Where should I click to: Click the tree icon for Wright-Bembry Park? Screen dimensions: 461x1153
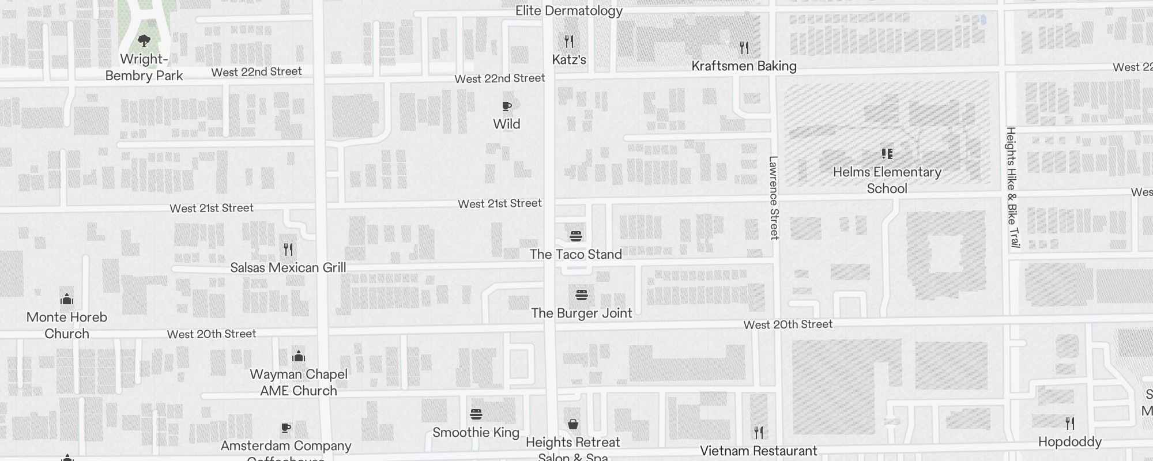(144, 41)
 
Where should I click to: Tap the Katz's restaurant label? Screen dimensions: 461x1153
(569, 59)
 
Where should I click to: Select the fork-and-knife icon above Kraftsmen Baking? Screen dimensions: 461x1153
(744, 48)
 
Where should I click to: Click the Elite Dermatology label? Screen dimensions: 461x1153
(568, 11)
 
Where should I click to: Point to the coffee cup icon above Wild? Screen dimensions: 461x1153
(507, 107)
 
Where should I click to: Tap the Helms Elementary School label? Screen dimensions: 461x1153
(887, 180)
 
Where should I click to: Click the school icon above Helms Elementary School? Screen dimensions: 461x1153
(887, 154)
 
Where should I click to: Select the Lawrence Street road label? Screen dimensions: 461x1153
(774, 198)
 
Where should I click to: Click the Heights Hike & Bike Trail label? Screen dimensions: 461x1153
(1012, 187)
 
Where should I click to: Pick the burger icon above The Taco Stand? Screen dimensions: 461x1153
(575, 236)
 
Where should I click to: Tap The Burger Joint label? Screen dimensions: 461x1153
(581, 313)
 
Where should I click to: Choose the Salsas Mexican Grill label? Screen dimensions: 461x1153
(288, 267)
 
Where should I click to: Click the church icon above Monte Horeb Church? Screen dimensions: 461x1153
(67, 299)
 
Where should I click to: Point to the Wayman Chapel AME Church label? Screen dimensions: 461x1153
(299, 382)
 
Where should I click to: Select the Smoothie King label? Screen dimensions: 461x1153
(476, 432)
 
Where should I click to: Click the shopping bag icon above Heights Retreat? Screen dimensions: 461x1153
(573, 425)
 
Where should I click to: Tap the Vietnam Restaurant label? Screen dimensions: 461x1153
(758, 451)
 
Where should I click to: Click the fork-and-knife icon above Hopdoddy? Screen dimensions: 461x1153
(1070, 424)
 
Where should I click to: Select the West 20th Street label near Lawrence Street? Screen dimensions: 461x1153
(787, 324)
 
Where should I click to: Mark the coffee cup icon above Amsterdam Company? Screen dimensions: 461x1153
(286, 428)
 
